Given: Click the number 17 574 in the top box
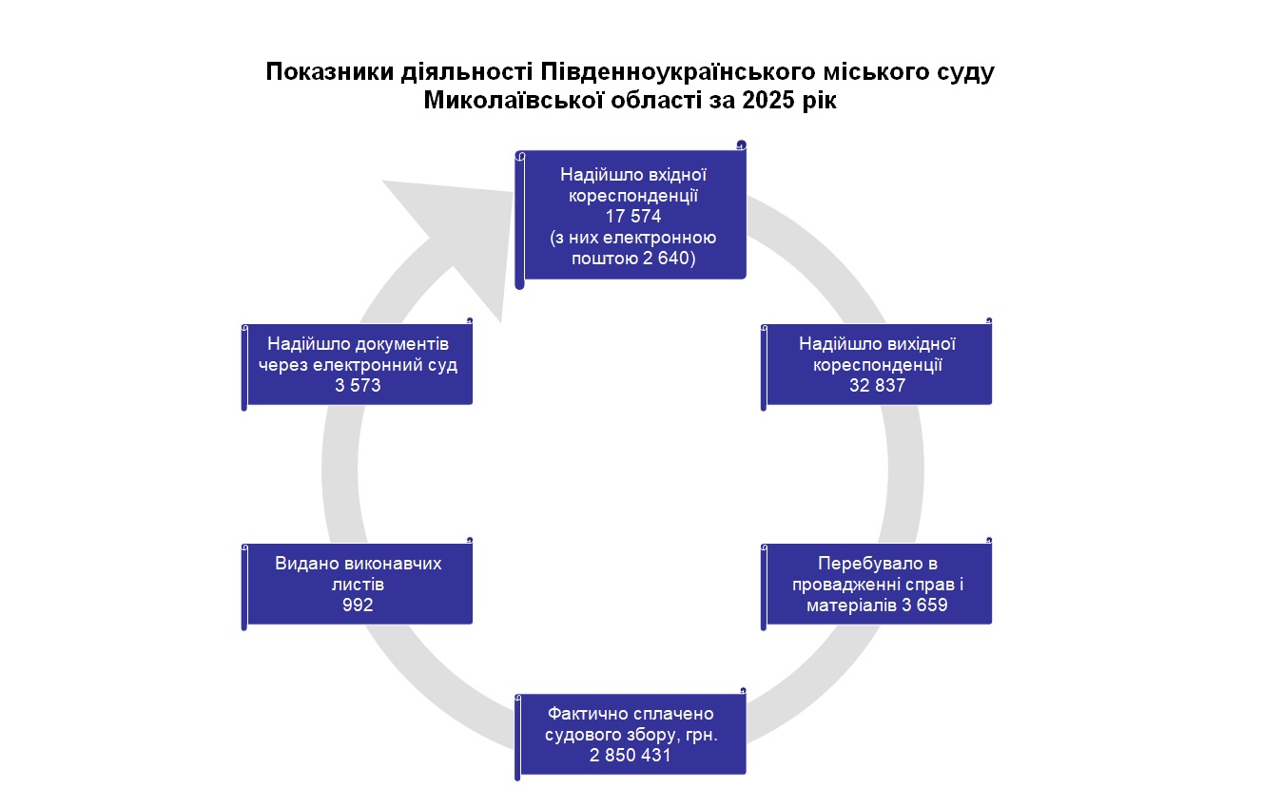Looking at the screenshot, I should pyautogui.click(x=633, y=217).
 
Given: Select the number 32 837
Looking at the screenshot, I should pyautogui.click(x=877, y=386).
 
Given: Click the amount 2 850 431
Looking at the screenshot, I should pyautogui.click(x=631, y=756).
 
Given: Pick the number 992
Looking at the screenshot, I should pyautogui.click(x=358, y=605).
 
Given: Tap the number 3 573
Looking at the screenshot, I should pyautogui.click(x=358, y=386).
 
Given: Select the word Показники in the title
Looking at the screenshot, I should pyautogui.click(x=324, y=72).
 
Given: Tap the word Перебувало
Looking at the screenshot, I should pyautogui.click(x=877, y=563).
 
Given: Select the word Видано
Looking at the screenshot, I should pyautogui.click(x=307, y=563).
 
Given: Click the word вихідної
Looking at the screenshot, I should pyautogui.click(x=920, y=343).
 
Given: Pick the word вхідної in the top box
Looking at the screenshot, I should pyautogui.click(x=672, y=175).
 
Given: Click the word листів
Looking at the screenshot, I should pyautogui.click(x=358, y=584).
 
